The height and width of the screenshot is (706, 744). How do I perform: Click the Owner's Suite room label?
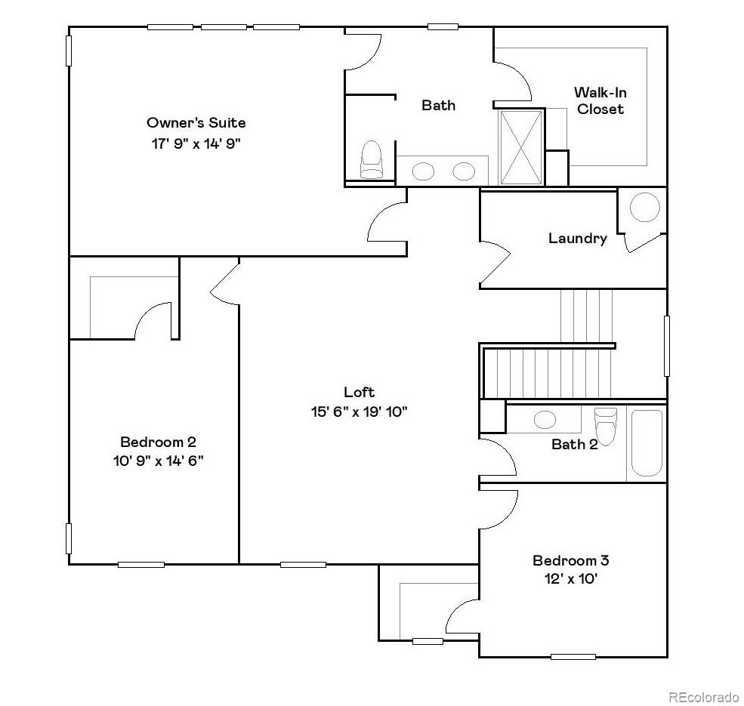(196, 122)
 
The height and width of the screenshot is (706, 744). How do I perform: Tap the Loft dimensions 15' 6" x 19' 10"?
(359, 412)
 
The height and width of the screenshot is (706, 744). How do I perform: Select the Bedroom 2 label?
(158, 442)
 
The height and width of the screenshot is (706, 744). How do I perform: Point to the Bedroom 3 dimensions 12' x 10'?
(570, 579)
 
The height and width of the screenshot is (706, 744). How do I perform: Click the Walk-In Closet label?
(600, 100)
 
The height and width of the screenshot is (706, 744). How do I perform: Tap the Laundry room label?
(577, 239)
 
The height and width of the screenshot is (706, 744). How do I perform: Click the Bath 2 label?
(574, 444)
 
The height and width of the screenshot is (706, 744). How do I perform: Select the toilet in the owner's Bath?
(371, 160)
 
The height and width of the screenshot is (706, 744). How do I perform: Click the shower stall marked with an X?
(521, 146)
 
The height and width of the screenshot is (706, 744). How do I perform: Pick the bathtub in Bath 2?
(646, 442)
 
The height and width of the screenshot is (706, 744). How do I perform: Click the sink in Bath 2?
(544, 419)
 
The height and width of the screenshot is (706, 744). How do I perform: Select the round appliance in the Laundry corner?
(644, 207)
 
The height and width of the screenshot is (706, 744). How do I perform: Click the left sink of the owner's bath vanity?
(424, 171)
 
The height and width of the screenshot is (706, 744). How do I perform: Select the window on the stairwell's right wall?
(665, 346)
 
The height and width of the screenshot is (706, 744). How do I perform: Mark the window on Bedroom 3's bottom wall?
(573, 656)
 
